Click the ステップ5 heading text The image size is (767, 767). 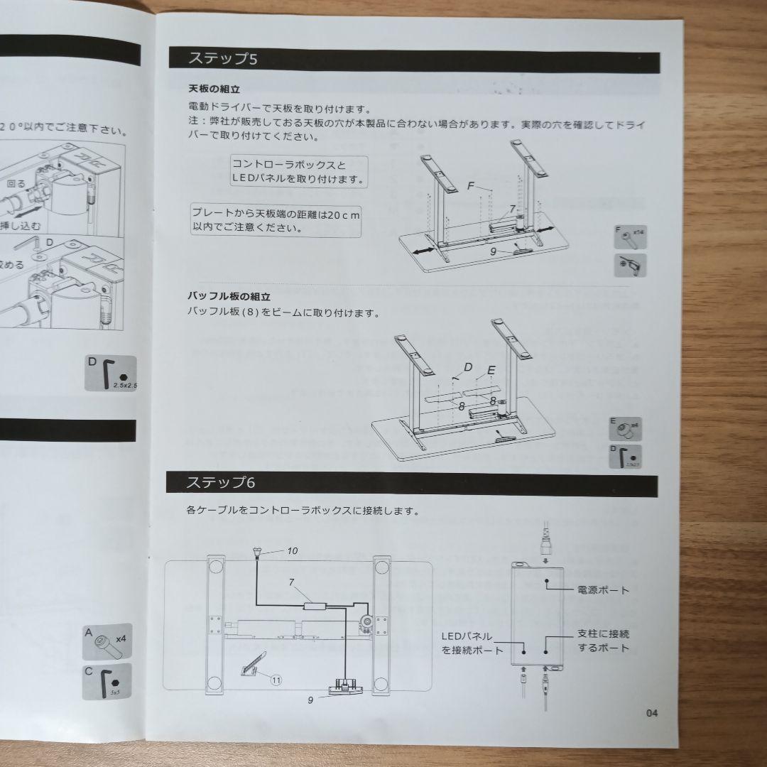tap(222, 58)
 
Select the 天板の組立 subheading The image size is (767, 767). tap(214, 90)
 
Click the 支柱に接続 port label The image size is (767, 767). tap(603, 641)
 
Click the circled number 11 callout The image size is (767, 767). tap(276, 679)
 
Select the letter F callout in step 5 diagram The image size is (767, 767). tap(471, 185)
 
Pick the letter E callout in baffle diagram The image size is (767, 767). tap(491, 370)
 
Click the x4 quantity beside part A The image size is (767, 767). tap(121, 638)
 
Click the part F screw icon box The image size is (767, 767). tap(631, 236)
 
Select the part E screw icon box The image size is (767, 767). tap(626, 429)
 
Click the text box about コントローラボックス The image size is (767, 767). tap(299, 171)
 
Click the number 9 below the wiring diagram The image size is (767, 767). tap(310, 700)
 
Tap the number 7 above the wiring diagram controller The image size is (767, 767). tap(291, 582)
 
